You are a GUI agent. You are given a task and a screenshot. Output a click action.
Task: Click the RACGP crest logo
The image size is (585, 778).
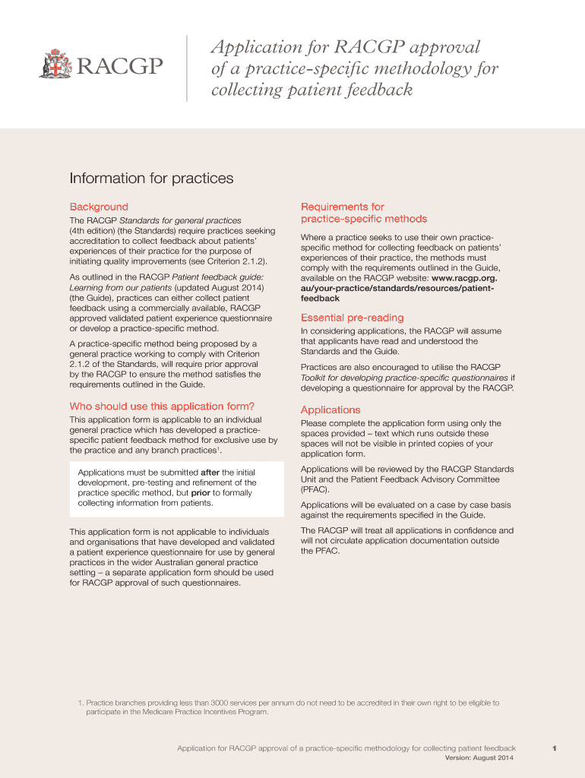tap(54, 64)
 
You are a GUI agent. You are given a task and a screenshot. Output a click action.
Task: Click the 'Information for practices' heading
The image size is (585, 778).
tap(151, 179)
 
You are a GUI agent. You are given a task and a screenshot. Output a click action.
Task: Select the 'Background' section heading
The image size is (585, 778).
tap(99, 207)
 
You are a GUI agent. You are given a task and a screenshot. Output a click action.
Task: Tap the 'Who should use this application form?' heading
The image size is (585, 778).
tap(162, 406)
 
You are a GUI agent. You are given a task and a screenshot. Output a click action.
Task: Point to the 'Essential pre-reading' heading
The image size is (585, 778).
tap(352, 318)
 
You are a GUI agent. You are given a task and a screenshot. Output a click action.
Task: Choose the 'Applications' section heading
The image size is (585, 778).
tap(330, 410)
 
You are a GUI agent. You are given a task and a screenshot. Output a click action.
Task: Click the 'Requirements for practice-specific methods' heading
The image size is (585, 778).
tap(363, 213)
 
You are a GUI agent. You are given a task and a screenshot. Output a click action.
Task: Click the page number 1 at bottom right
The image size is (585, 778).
tap(555, 748)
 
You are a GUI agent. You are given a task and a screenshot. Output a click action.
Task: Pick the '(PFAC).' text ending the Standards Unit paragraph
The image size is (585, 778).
tap(315, 490)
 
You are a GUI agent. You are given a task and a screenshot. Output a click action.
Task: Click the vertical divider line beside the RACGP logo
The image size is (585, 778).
tap(186, 68)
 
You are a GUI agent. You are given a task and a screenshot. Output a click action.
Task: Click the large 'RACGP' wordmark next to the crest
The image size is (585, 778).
tap(119, 68)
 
